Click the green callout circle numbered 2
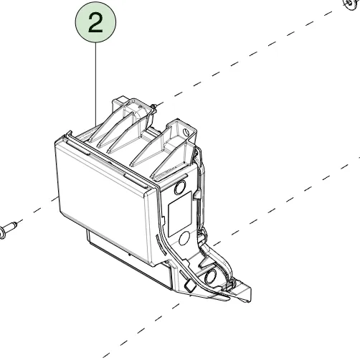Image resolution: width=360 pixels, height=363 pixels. (95, 22)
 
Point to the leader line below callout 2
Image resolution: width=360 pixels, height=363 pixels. (96, 84)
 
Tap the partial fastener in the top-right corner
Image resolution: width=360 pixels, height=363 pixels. (351, 4)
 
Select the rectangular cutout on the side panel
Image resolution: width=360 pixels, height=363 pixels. (180, 214)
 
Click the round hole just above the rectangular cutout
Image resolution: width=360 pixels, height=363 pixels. (180, 187)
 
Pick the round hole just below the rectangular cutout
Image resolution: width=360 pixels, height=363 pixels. (184, 238)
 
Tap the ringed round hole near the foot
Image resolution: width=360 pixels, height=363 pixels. (210, 277)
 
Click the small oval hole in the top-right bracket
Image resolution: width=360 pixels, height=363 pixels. (186, 131)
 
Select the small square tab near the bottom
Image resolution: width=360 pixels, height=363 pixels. (189, 286)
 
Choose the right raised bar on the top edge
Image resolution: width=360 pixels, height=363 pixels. (136, 181)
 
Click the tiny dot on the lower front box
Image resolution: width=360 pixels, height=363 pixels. (130, 255)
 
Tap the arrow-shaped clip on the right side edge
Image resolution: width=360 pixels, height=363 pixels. (196, 194)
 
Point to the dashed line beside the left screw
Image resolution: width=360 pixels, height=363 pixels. (37, 209)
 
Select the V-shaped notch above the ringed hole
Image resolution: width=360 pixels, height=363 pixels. (207, 260)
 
